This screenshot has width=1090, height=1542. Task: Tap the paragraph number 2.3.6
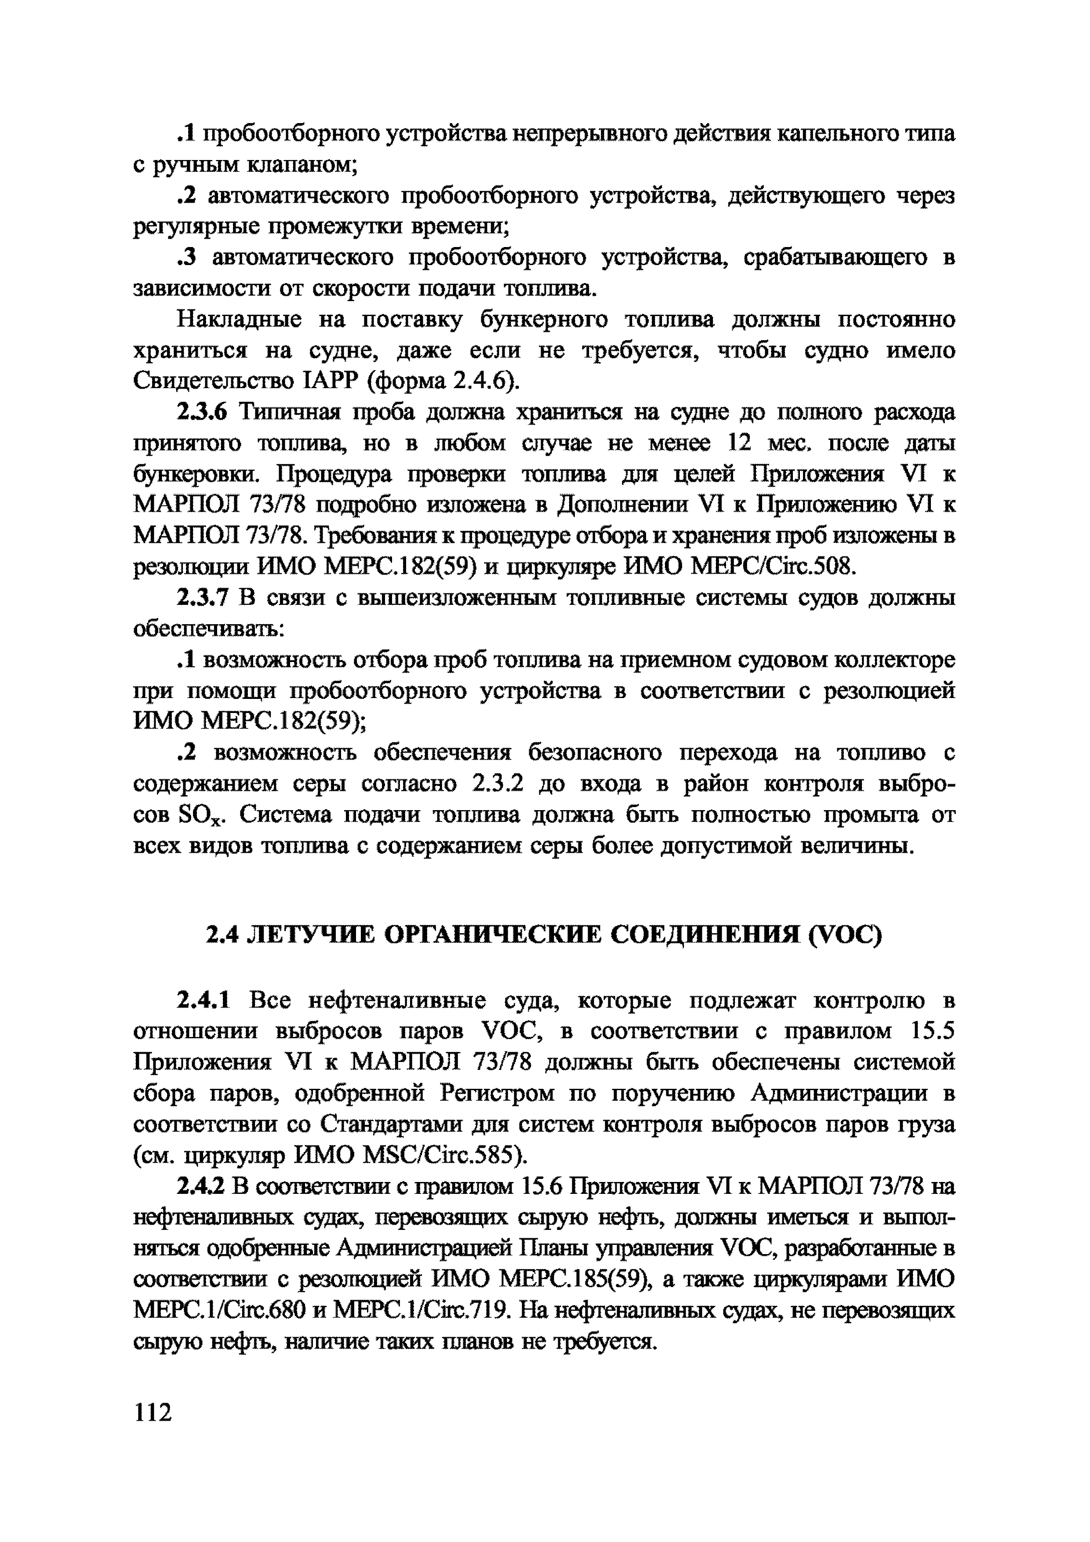coord(203,412)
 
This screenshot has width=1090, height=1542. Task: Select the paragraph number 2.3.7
coord(203,598)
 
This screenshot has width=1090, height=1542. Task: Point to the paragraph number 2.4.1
coord(203,1001)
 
